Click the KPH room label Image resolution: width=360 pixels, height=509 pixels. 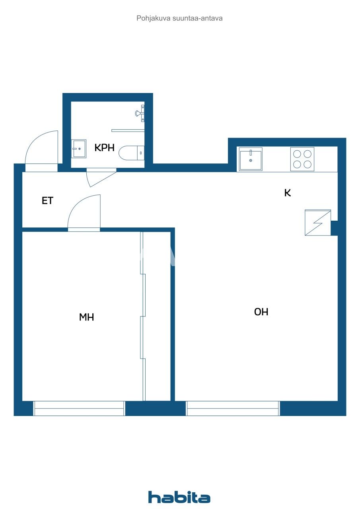[x=104, y=148]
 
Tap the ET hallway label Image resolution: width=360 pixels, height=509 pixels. [x=47, y=201]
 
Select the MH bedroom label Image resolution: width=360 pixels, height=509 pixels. [x=87, y=317]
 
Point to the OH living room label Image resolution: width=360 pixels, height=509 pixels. [x=261, y=312]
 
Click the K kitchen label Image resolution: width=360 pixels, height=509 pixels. [x=287, y=193]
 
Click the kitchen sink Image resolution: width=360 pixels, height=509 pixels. [x=251, y=159]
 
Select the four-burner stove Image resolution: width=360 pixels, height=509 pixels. [x=302, y=159]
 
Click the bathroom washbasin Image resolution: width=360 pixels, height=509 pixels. [x=79, y=149]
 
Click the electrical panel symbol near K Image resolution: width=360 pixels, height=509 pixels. [x=318, y=223]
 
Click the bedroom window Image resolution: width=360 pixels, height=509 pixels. [x=79, y=408]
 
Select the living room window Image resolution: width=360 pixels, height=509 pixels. [x=233, y=408]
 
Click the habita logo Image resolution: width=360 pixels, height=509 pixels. [x=179, y=497]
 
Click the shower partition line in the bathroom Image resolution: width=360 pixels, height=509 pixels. [x=127, y=130]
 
